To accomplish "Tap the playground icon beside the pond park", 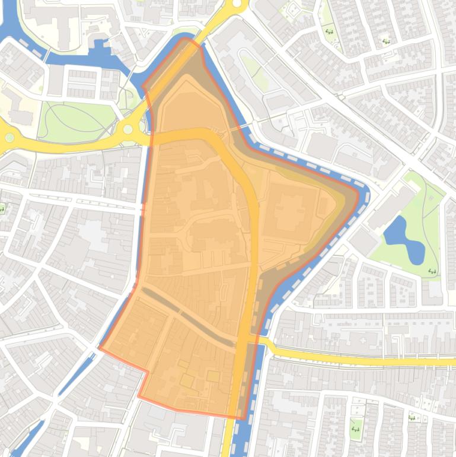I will (432, 271).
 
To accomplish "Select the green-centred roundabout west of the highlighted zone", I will (128, 129).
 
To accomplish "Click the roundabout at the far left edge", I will (9, 138).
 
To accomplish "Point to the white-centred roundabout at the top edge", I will (238, 4).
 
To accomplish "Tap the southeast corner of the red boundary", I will (243, 418).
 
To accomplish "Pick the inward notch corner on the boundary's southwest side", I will (147, 372).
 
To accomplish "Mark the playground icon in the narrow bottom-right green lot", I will (356, 425).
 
